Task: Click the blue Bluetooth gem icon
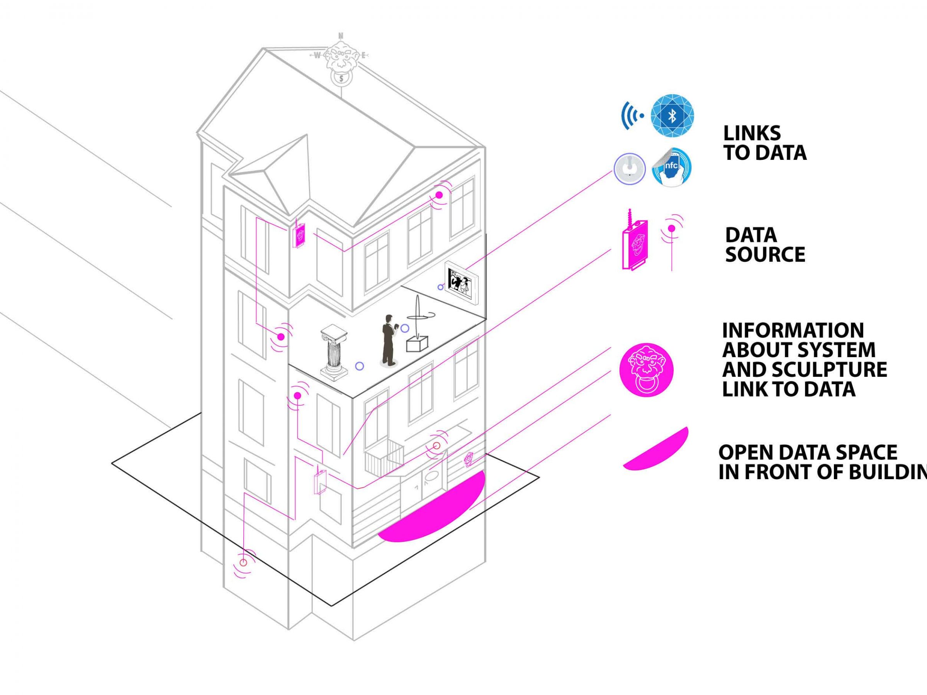[672, 115]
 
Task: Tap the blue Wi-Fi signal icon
[632, 115]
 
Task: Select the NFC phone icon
[672, 167]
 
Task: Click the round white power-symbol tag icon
[630, 168]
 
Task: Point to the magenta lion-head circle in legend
[646, 370]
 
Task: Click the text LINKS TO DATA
[764, 143]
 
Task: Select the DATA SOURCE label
[765, 245]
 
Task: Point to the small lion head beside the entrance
[469, 459]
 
